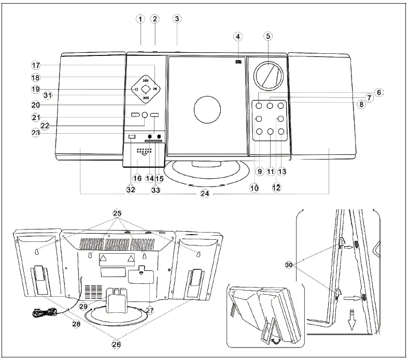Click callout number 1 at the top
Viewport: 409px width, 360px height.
click(140, 19)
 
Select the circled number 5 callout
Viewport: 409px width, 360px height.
click(267, 36)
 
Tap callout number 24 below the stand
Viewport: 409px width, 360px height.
click(205, 194)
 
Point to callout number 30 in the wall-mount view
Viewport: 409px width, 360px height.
click(289, 264)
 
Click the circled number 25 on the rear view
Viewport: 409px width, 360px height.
click(117, 213)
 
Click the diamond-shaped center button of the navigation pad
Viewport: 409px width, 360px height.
click(146, 89)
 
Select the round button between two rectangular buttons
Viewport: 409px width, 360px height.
click(145, 115)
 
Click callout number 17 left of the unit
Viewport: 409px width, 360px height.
click(35, 66)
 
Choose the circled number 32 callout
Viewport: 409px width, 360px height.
click(131, 190)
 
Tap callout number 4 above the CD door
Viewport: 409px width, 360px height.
click(237, 37)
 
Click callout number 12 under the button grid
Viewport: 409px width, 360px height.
click(276, 187)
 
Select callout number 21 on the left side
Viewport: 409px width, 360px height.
click(35, 118)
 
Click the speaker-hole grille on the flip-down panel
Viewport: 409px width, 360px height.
click(144, 151)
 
